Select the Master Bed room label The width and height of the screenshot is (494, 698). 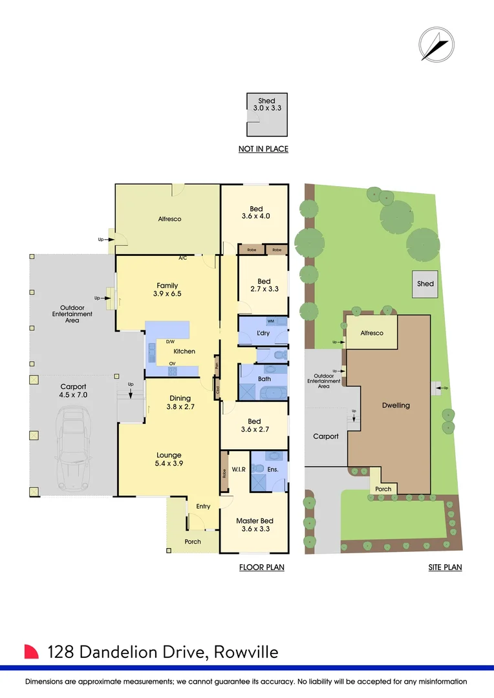(x=254, y=524)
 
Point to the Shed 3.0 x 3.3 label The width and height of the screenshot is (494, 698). (x=266, y=105)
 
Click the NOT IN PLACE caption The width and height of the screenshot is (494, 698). (x=263, y=149)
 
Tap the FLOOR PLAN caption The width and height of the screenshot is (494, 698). (x=262, y=567)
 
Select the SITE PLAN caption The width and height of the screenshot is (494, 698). (x=445, y=567)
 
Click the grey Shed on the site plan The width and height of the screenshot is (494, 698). (x=425, y=284)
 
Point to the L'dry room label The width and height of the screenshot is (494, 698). (x=263, y=333)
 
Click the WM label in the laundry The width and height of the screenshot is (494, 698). (x=270, y=321)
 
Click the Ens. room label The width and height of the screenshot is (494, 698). (x=273, y=469)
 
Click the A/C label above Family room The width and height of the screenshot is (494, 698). (x=183, y=259)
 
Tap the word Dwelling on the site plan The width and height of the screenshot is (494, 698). (x=396, y=405)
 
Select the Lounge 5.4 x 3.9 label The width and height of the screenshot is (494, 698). (x=169, y=459)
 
